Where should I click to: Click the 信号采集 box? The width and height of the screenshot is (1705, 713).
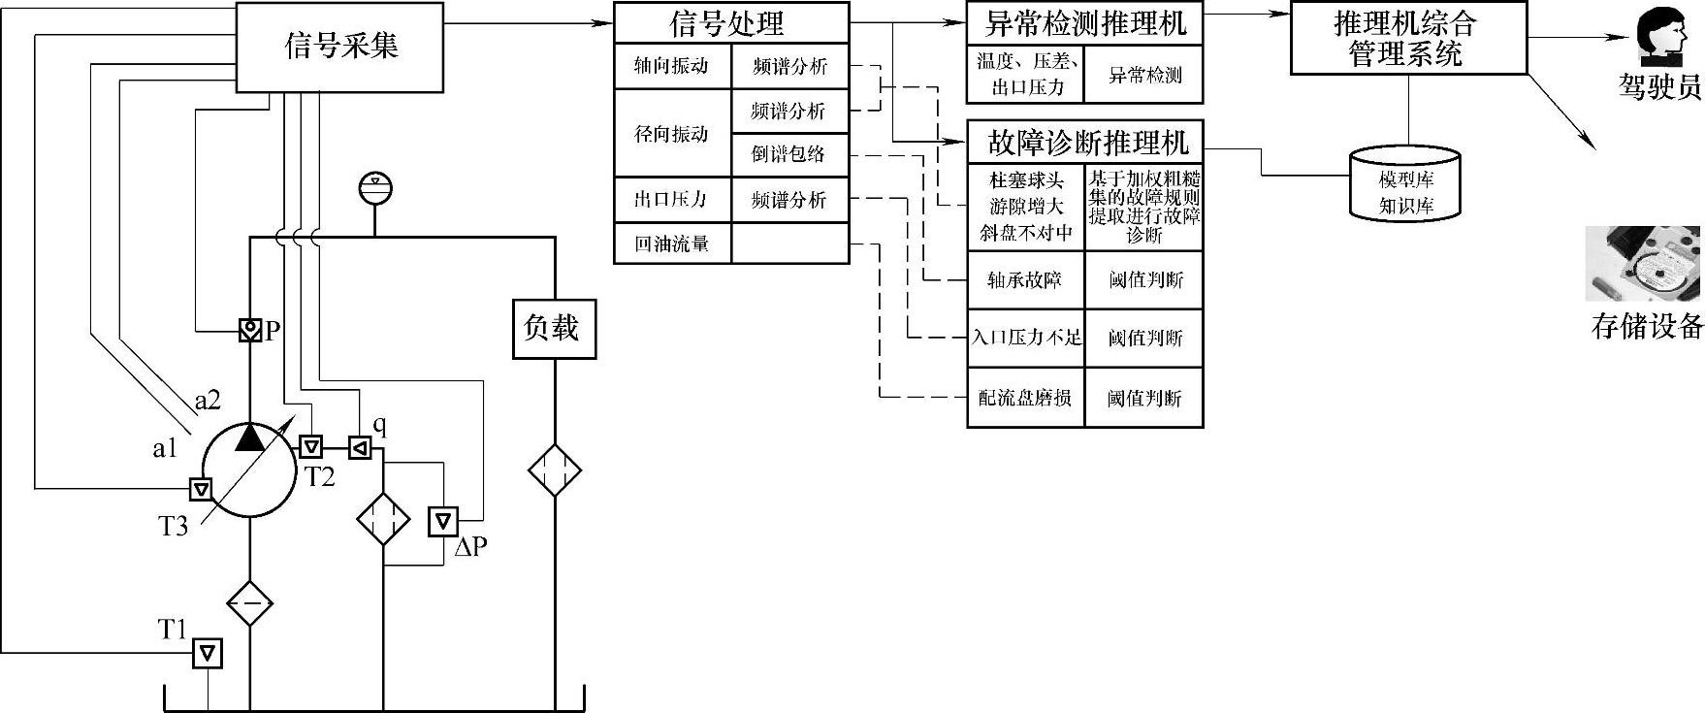340,47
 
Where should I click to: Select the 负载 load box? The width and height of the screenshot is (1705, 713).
554,328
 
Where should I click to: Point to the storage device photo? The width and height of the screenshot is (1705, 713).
1645,265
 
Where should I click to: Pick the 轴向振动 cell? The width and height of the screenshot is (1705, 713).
672,66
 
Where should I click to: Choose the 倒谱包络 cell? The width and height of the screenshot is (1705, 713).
789,154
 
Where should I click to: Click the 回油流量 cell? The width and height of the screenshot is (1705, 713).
672,243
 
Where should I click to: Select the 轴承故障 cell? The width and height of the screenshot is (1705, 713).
1025,280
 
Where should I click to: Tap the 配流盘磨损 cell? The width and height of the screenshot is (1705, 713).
1025,398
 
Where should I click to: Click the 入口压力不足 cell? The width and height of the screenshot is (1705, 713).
1025,338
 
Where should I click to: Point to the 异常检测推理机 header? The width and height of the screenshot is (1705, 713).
1084,22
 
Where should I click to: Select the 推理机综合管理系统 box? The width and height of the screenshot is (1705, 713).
1408,38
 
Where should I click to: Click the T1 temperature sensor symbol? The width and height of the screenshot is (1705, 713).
207,654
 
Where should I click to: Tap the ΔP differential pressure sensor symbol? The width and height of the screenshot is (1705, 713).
443,521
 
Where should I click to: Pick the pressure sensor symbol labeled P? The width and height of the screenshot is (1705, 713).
250,331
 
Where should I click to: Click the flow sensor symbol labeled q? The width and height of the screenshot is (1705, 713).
360,447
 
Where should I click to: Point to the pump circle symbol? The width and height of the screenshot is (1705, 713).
248,470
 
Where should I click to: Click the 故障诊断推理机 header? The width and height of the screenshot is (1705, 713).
1084,143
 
